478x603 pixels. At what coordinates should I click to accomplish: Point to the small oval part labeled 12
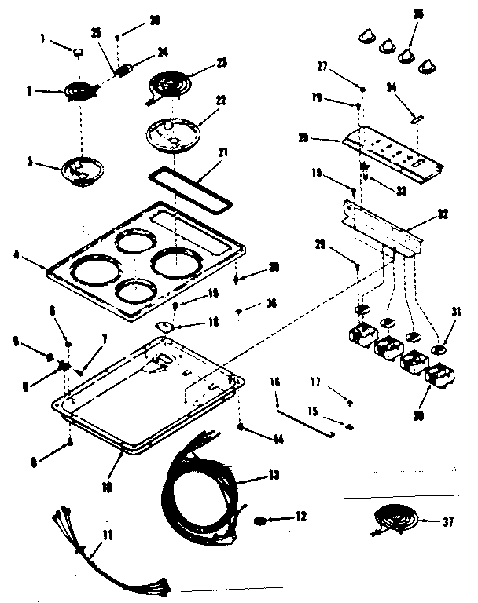tap(259, 521)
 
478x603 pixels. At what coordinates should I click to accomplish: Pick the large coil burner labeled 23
tap(167, 83)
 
